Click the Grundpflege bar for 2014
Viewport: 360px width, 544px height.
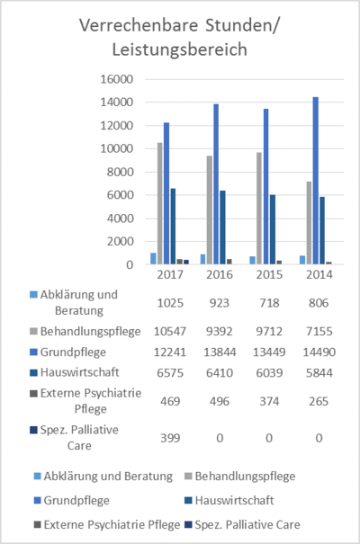point(316,181)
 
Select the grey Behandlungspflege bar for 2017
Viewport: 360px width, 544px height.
point(160,203)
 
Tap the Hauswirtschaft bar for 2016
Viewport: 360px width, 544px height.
point(222,227)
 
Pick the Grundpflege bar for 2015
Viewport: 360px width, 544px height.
point(265,187)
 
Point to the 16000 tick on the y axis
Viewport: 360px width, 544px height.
point(117,79)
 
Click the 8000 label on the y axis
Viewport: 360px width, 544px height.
point(120,172)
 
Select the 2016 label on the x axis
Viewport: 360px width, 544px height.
point(220,274)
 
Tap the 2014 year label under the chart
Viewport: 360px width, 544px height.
point(319,274)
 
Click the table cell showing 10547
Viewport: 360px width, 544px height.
point(170,331)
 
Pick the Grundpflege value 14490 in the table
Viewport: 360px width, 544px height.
point(319,352)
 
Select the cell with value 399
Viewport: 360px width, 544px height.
point(170,438)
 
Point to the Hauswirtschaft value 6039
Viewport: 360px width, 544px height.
point(269,373)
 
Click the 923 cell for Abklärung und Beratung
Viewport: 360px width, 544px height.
point(220,303)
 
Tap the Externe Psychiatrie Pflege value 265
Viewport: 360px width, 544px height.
point(319,401)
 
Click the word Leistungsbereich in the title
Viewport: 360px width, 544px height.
point(179,49)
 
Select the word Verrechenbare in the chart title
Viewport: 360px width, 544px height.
point(139,25)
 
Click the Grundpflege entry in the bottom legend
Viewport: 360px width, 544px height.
point(72,500)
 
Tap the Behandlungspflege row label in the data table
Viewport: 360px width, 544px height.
point(85,331)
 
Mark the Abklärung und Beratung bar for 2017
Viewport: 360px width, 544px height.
point(153,258)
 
